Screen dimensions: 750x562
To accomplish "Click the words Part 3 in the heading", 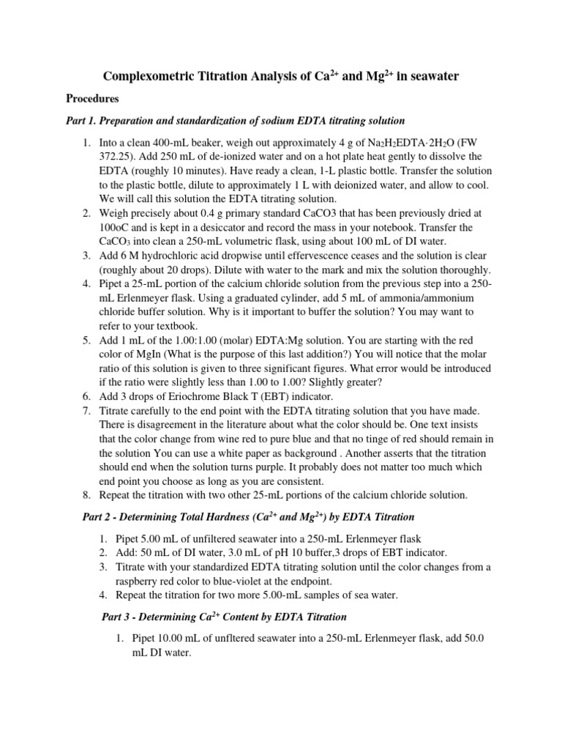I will coord(117,617).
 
